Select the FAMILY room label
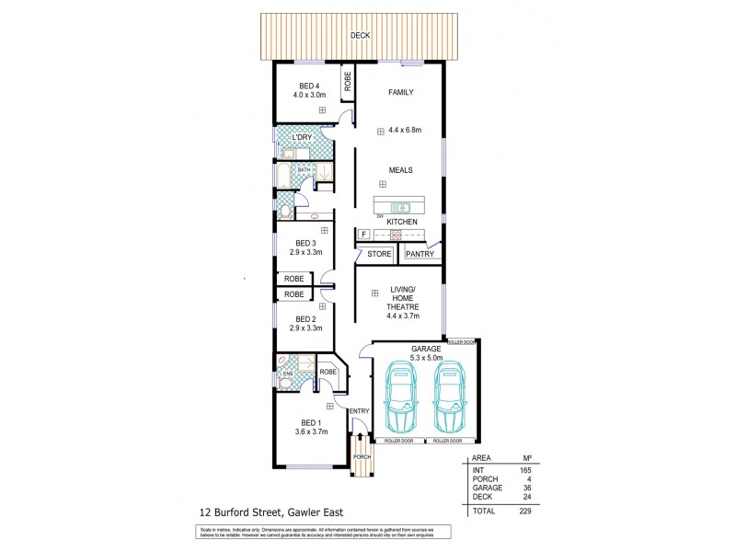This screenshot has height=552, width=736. click(x=400, y=92)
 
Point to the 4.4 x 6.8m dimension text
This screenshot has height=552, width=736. click(x=405, y=130)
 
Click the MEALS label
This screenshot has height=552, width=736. click(x=400, y=170)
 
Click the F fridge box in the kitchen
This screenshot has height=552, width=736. click(x=364, y=235)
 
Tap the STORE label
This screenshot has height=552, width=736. click(x=378, y=254)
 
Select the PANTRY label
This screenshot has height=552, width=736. click(x=420, y=254)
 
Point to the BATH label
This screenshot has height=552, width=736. click(x=303, y=170)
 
